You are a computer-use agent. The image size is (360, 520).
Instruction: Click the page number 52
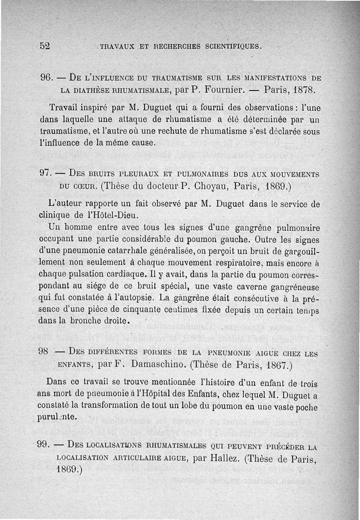(44, 46)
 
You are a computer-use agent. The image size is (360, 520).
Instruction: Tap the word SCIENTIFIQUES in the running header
(232, 46)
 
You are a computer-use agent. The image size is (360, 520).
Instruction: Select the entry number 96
(47, 77)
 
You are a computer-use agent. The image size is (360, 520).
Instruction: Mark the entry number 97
(47, 174)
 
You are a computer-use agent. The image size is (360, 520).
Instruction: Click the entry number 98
(44, 352)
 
